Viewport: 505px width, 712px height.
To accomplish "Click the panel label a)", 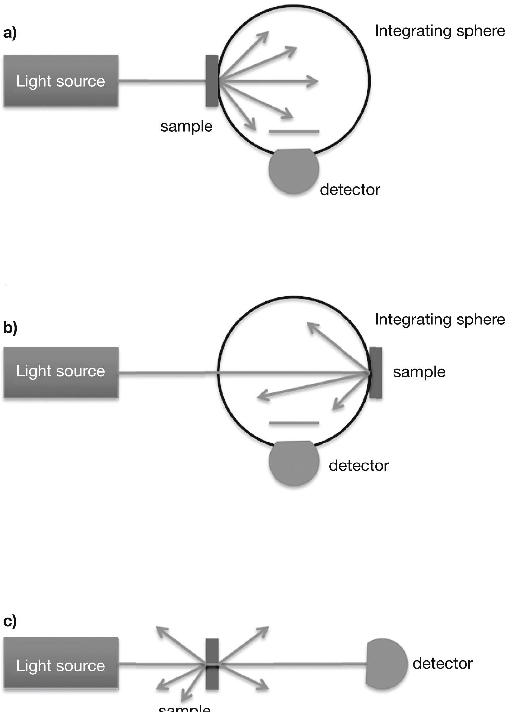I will point(10,33).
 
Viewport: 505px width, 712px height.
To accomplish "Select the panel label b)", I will point(10,328).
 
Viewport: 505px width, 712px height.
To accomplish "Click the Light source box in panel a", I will point(61,81).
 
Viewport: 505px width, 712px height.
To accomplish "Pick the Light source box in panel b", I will point(61,372).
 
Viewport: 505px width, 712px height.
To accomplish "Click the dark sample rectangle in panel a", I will point(212,81).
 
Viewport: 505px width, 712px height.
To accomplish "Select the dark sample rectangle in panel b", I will point(376,373).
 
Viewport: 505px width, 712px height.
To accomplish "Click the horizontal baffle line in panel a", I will point(294,132).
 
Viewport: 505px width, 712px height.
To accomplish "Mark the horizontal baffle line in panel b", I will point(294,423).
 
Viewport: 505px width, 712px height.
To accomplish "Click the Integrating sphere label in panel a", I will point(440,31).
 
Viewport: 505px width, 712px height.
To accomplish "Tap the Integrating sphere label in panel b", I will point(440,320).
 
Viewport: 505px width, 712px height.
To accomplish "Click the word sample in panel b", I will point(419,372).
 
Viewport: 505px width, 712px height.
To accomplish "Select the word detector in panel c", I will point(443,664).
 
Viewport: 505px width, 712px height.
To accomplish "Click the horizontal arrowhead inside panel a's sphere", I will point(313,81).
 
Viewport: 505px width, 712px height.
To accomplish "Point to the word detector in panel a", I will point(350,190).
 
